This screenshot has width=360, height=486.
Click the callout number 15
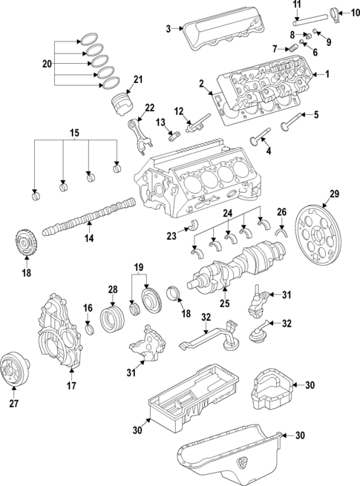tap(73, 133)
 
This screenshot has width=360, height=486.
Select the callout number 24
tap(228, 214)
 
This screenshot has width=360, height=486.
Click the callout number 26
tap(281, 211)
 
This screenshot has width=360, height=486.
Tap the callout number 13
tap(160, 122)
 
